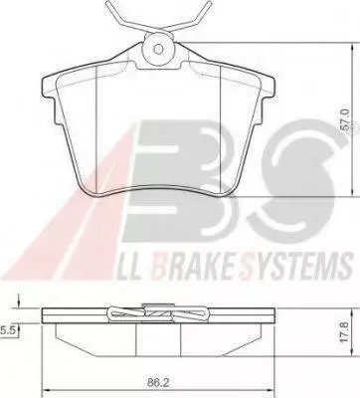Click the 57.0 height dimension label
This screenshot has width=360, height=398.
(346, 121)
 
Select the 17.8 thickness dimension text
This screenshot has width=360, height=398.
(345, 334)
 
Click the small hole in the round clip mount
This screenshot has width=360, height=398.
(159, 50)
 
